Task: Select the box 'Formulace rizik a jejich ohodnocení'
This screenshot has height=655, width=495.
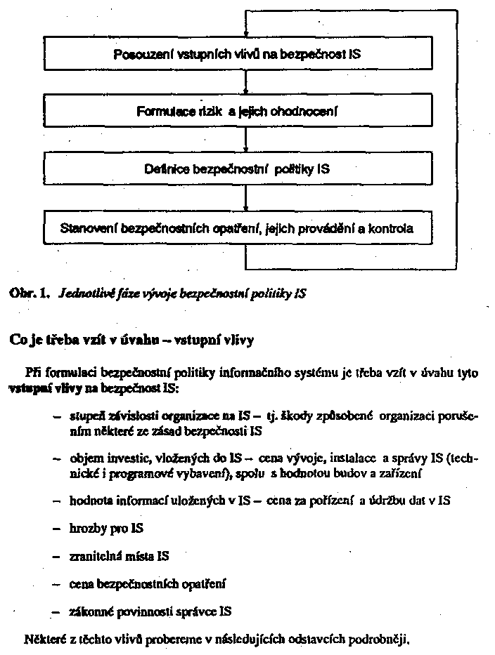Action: (x=237, y=112)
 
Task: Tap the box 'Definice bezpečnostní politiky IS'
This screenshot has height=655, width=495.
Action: (x=237, y=169)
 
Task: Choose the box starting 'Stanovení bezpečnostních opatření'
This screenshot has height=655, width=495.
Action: (x=237, y=228)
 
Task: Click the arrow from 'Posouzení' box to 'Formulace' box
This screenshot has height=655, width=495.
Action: (x=245, y=84)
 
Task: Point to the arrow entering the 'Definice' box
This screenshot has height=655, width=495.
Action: (x=245, y=141)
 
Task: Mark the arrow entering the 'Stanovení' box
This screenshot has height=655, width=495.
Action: (x=245, y=200)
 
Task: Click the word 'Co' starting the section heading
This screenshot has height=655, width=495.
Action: (x=17, y=340)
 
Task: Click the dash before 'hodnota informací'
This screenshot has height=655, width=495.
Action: (x=56, y=500)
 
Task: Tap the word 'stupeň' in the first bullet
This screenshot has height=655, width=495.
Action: (x=86, y=416)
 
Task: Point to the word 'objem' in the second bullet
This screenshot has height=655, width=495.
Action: (x=84, y=458)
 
